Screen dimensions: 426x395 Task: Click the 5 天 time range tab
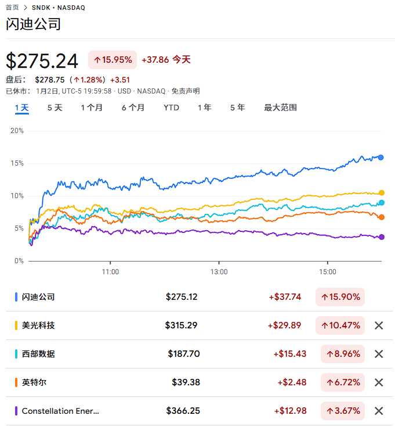[x=55, y=108]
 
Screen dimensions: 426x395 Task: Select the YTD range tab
[x=171, y=108]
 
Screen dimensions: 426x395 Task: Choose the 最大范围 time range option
[x=280, y=108]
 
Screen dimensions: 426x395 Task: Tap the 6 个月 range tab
[x=133, y=108]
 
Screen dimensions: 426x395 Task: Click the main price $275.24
[x=42, y=61]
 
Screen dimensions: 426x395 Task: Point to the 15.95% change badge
[x=113, y=60]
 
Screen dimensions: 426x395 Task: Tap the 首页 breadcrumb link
[x=12, y=8]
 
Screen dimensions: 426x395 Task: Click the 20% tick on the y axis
[x=17, y=131]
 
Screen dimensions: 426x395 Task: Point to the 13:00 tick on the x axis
[x=219, y=271]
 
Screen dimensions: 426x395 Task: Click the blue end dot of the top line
[x=381, y=157]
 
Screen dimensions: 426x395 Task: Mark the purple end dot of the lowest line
[x=381, y=237]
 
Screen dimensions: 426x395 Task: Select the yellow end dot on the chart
[x=381, y=192]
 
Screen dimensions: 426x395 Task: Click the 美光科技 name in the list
[x=38, y=325]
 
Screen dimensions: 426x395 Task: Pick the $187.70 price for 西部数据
[x=184, y=354]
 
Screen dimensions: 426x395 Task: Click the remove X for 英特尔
[x=379, y=382]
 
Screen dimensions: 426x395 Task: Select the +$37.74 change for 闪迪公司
[x=285, y=297]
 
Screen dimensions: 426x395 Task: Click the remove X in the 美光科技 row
[x=379, y=325]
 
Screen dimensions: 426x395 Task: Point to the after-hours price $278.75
[x=50, y=80]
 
